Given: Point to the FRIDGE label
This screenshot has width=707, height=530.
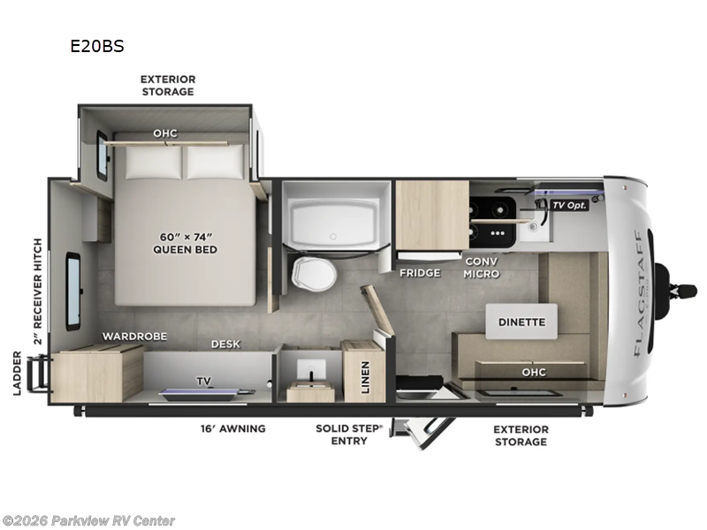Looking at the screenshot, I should point(420,272).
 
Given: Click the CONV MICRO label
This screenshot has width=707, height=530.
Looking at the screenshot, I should point(482,268).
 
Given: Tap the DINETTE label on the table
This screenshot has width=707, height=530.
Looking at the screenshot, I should point(521,322).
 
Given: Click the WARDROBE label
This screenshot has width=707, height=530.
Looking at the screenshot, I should point(134,337).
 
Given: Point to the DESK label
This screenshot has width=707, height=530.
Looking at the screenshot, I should point(226,344).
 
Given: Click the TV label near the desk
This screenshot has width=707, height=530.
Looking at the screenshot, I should point(203,382).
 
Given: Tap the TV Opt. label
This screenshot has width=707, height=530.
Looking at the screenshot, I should point(569,205).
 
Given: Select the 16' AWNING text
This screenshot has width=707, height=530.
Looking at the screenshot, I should point(232,428).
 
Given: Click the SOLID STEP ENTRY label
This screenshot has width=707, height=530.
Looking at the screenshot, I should point(348,435).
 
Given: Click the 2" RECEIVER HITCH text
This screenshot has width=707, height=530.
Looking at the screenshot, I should point(37,291).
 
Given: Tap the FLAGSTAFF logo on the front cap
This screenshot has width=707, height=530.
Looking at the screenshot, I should point(637,291).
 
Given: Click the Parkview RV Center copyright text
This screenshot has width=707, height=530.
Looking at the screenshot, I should point(88,520).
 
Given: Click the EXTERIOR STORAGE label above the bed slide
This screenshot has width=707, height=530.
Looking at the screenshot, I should point(167,85).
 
